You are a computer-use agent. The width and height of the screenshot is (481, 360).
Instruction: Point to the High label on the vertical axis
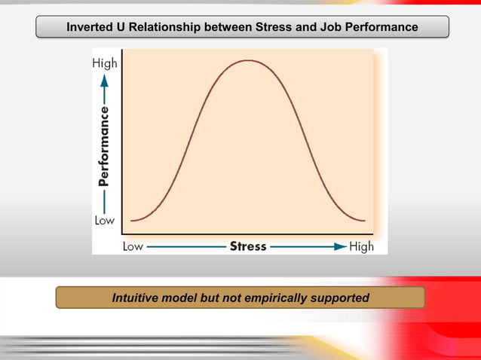(x=105, y=64)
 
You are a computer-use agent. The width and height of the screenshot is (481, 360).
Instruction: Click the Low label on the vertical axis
(x=105, y=221)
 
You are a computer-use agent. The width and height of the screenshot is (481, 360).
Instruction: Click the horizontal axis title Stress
(x=248, y=246)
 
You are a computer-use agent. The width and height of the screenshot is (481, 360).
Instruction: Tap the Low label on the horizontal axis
(x=133, y=246)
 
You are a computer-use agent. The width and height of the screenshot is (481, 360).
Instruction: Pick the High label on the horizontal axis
(x=361, y=246)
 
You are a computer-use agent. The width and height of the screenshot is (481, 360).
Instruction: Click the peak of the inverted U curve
(x=248, y=59)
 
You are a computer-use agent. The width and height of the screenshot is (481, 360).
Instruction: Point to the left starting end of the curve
(x=132, y=221)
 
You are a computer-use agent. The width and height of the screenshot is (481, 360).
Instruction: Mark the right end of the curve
(x=365, y=221)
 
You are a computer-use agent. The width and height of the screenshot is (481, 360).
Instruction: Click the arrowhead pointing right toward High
(x=341, y=246)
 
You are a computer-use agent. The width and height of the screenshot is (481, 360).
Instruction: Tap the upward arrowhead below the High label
(x=105, y=78)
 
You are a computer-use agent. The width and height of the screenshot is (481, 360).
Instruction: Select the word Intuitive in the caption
(x=139, y=297)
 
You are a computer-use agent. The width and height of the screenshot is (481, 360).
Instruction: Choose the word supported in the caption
(x=339, y=297)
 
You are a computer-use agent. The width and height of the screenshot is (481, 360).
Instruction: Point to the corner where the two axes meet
(x=121, y=234)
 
